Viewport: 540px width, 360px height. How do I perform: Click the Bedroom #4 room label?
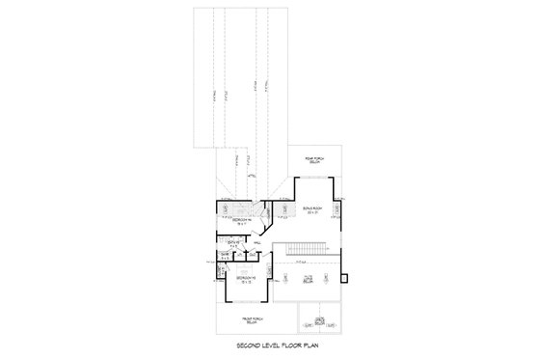coord(239,220)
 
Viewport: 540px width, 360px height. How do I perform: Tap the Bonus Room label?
coord(311,207)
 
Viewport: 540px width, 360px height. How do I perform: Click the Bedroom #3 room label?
coord(245,278)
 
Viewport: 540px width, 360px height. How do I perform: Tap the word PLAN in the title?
coord(302,345)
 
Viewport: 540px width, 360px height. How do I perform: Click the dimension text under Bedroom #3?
coord(245,282)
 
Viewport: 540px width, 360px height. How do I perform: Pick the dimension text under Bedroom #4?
coord(239,224)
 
